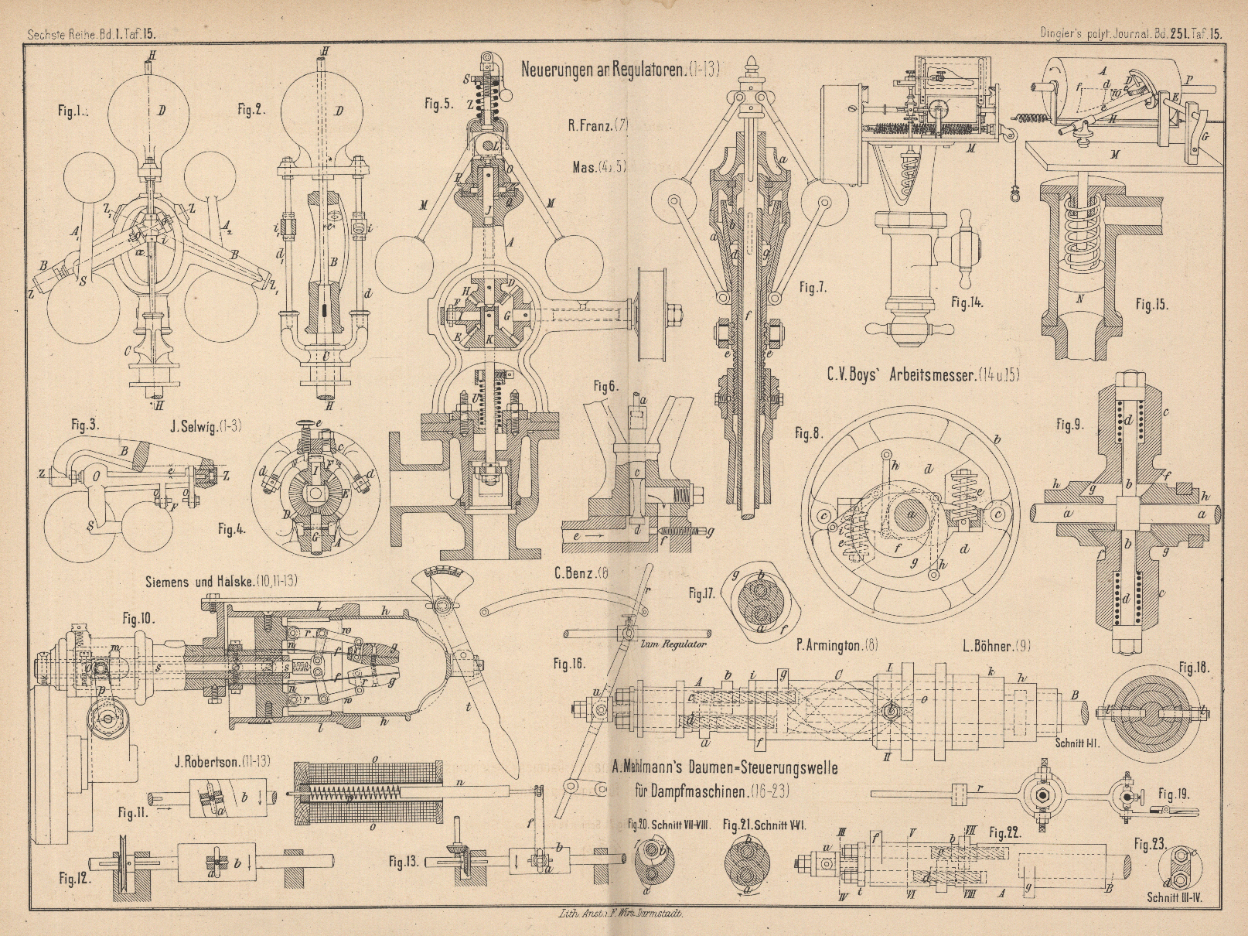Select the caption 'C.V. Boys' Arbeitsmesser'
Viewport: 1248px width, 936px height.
(922, 375)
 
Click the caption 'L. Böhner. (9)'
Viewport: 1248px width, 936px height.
(996, 645)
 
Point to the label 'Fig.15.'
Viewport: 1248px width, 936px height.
(1151, 305)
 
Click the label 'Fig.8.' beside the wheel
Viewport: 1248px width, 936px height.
(808, 434)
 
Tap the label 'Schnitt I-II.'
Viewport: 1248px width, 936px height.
(1079, 740)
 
